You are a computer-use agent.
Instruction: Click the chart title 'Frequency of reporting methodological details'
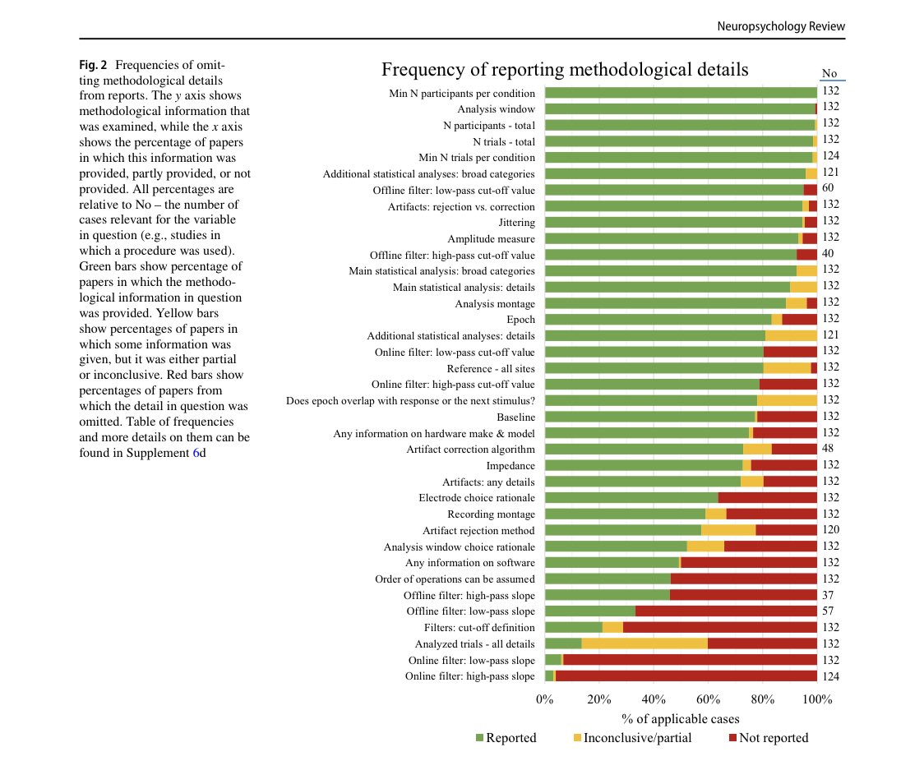point(565,70)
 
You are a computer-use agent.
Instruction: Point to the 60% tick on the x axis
point(708,700)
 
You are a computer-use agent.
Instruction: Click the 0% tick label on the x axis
point(544,700)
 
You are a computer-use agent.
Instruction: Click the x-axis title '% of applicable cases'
point(680,719)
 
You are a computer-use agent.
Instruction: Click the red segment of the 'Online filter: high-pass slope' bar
point(686,676)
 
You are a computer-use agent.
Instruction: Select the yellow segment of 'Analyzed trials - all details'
point(644,644)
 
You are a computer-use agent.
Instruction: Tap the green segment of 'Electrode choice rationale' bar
point(631,498)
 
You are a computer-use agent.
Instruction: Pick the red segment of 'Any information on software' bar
point(749,563)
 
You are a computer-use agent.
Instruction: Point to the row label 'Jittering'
point(516,223)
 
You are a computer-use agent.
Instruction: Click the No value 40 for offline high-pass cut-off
point(828,255)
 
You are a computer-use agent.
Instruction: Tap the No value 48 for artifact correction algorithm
point(828,449)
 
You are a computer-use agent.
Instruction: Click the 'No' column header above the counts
point(829,73)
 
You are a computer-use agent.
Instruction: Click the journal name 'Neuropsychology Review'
point(781,27)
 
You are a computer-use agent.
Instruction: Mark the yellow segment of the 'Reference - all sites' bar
point(787,368)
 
